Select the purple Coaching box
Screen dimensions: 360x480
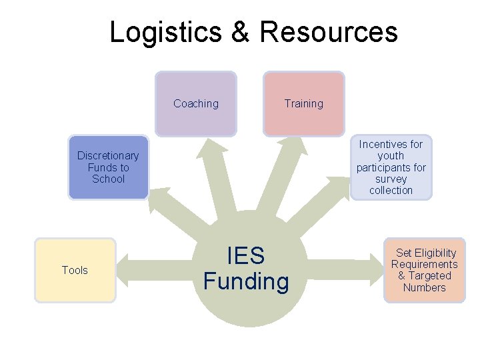coord(196,103)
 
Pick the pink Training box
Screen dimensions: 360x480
coord(304,103)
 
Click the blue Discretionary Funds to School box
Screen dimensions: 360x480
coord(108,167)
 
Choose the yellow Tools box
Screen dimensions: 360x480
coord(75,270)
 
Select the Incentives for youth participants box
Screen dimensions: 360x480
coord(391,167)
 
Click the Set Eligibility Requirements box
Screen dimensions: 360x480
coord(424,270)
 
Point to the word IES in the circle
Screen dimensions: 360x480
coord(246,256)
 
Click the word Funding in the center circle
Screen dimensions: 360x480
coord(246,281)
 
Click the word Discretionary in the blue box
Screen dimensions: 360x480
coord(108,156)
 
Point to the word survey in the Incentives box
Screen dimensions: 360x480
coord(391,179)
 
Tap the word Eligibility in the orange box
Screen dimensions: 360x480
coord(435,253)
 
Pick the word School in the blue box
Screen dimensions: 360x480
coord(108,179)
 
